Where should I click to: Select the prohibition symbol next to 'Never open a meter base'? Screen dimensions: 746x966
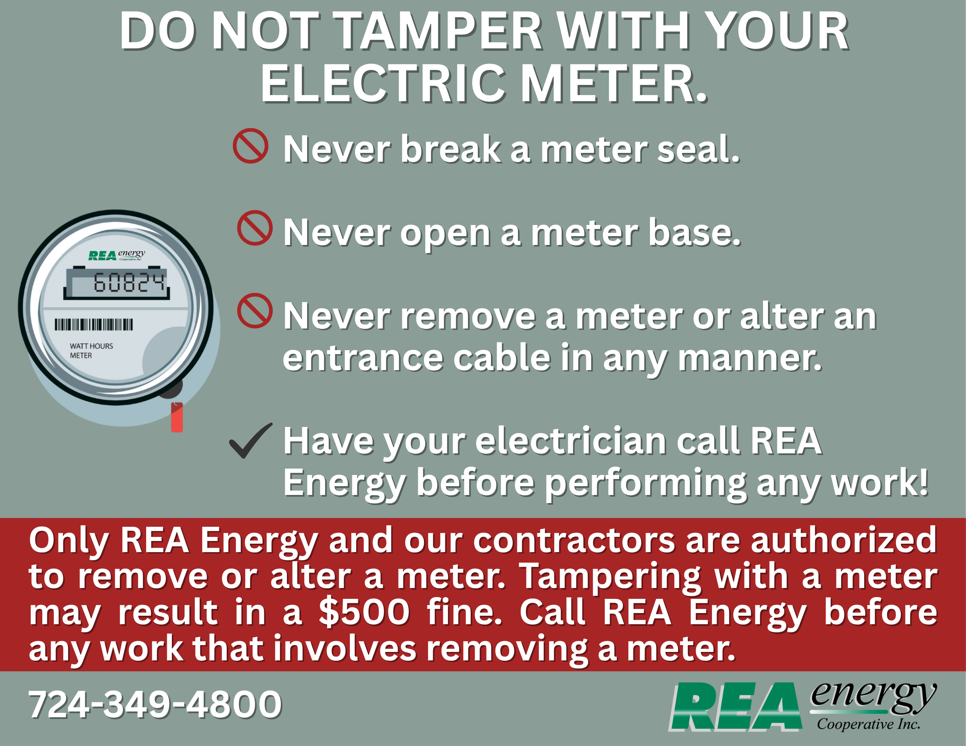(x=255, y=228)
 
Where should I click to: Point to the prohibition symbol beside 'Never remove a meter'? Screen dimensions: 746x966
(x=255, y=311)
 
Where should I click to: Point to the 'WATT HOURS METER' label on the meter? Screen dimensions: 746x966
(x=91, y=351)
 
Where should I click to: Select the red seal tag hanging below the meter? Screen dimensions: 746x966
(x=177, y=417)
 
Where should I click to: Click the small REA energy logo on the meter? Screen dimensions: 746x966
(x=116, y=255)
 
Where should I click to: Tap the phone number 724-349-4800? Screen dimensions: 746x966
(x=155, y=704)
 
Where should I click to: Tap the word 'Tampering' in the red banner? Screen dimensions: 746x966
(x=610, y=577)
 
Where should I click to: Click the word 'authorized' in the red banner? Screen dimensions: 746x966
(x=844, y=540)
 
